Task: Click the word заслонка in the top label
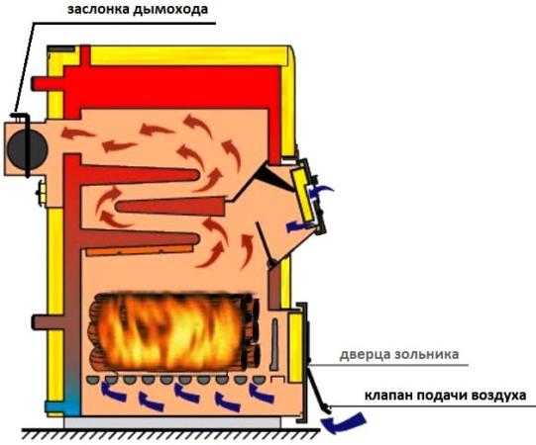pos(98,9)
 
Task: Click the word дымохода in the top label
pos(170,10)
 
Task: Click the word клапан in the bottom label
pos(388,396)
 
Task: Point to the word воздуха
pos(498,396)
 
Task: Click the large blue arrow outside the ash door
pos(344,421)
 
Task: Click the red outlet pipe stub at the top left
pos(48,84)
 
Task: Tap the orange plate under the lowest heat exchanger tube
pos(139,250)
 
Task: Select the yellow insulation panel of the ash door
pos(295,347)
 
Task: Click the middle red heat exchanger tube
pos(169,206)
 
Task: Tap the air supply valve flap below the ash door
pos(318,389)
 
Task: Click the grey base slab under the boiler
pos(172,423)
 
